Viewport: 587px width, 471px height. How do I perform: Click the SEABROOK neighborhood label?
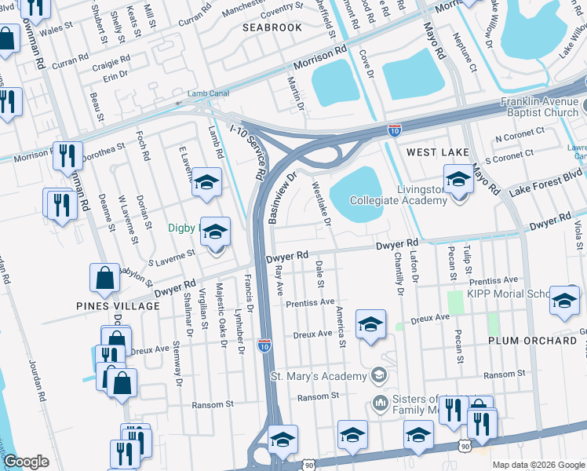tap(272, 27)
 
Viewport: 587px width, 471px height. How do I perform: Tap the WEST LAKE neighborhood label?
tap(437, 152)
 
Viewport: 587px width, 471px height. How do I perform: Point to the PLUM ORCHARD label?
tap(532, 341)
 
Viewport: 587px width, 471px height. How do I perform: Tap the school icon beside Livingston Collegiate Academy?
tap(458, 180)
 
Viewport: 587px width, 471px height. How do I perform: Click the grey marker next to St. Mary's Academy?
tap(380, 376)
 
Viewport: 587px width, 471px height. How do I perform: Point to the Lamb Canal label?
tap(196, 93)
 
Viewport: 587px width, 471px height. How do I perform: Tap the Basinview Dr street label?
tap(280, 198)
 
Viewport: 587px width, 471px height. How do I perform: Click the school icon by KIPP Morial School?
tap(564, 301)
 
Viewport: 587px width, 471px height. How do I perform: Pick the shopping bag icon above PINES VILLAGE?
tap(105, 277)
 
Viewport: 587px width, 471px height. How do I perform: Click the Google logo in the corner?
tap(27, 462)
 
